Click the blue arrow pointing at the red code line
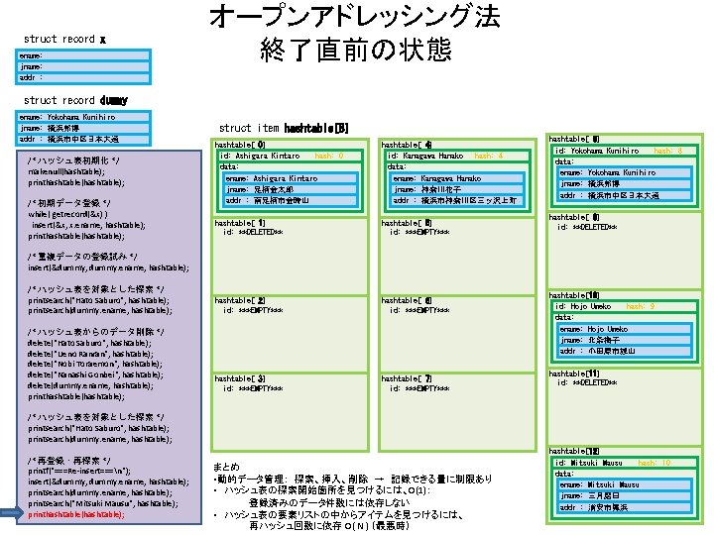click(13, 514)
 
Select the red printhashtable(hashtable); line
click(75, 514)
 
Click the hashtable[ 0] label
click(240, 145)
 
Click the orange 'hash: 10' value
click(654, 463)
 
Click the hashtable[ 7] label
click(407, 377)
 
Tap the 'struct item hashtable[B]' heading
click(283, 128)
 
